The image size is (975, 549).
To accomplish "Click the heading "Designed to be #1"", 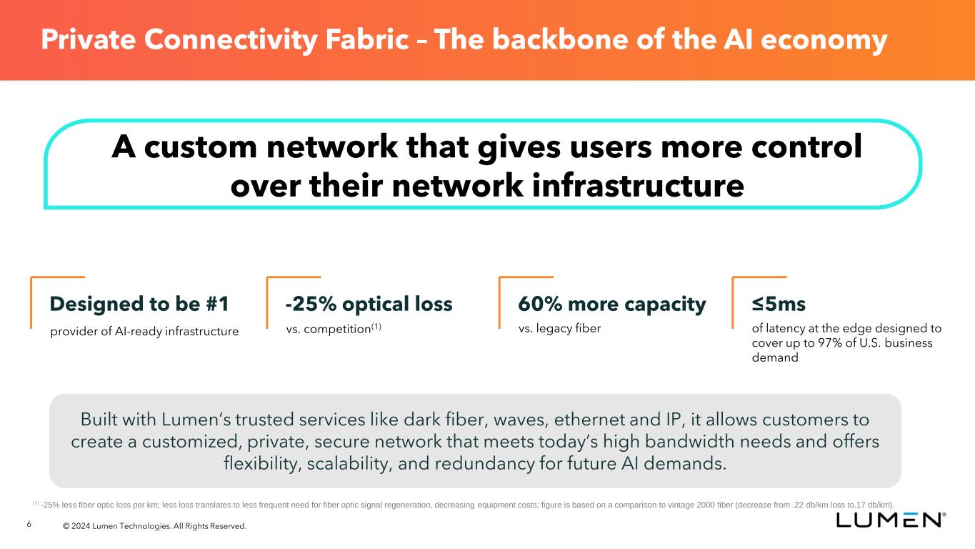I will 139,305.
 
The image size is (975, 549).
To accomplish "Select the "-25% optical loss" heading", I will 369,305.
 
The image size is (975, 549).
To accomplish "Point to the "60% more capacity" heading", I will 612,305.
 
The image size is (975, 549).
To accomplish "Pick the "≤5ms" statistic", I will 779,305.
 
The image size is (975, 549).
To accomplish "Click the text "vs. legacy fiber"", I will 559,329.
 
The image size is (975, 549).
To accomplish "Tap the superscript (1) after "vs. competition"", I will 375,327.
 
